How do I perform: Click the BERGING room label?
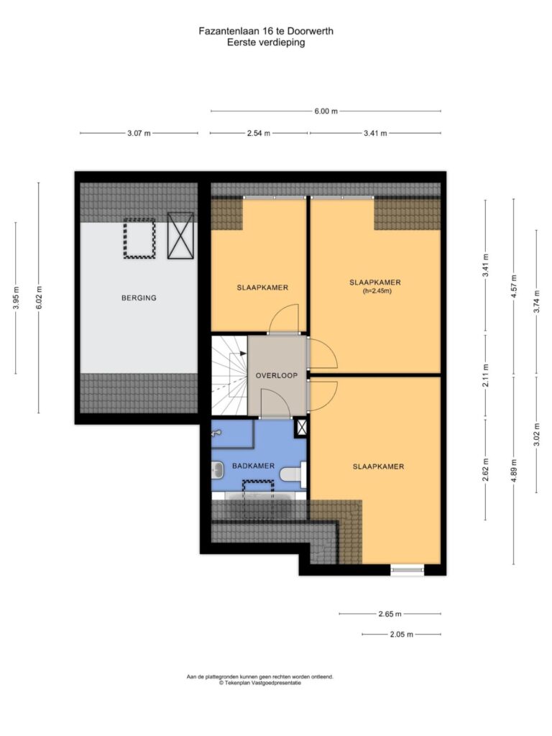pyautogui.click(x=139, y=298)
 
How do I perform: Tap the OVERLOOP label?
pyautogui.click(x=277, y=375)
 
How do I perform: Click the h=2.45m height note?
pyautogui.click(x=377, y=291)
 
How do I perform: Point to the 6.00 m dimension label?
pyautogui.click(x=326, y=111)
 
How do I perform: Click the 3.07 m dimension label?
pyautogui.click(x=139, y=133)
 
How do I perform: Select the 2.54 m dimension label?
pyautogui.click(x=259, y=133)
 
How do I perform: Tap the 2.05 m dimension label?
pyautogui.click(x=401, y=635)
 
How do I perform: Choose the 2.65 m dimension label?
pyautogui.click(x=390, y=614)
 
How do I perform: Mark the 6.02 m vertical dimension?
pyautogui.click(x=39, y=298)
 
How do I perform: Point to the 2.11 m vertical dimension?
pyautogui.click(x=486, y=375)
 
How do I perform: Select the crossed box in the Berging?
pyautogui.click(x=180, y=236)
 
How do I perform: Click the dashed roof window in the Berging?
pyautogui.click(x=139, y=238)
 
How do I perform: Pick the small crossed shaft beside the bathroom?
pyautogui.click(x=301, y=428)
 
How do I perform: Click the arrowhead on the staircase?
pyautogui.click(x=243, y=354)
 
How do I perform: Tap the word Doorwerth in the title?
pyautogui.click(x=310, y=32)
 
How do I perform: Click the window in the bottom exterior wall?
pyautogui.click(x=408, y=570)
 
